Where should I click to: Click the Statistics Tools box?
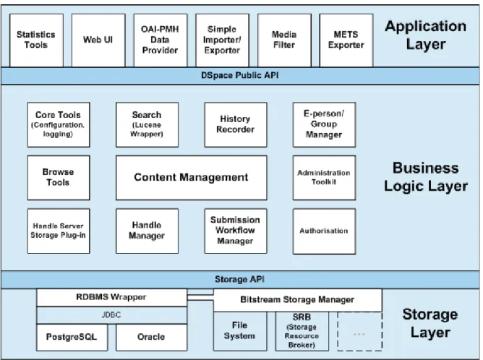[36, 40]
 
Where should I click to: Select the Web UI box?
[98, 40]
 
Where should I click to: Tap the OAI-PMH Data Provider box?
[161, 40]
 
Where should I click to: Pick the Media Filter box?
[284, 40]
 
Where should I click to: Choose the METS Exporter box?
[346, 40]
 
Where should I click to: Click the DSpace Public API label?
[239, 75]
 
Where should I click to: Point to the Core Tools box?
[59, 125]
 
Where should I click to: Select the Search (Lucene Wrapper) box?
[147, 125]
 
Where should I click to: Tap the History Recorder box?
[236, 125]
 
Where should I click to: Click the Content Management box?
[192, 178]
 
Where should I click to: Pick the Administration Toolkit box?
[324, 178]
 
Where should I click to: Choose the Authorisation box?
[324, 231]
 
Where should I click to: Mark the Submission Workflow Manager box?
[236, 231]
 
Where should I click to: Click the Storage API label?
[239, 279]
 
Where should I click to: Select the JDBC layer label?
[111, 315]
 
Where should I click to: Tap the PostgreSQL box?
[72, 337]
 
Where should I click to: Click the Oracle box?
[151, 337]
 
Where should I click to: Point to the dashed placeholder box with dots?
[360, 331]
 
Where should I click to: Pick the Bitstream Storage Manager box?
[298, 300]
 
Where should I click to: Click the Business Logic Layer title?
[426, 177]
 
